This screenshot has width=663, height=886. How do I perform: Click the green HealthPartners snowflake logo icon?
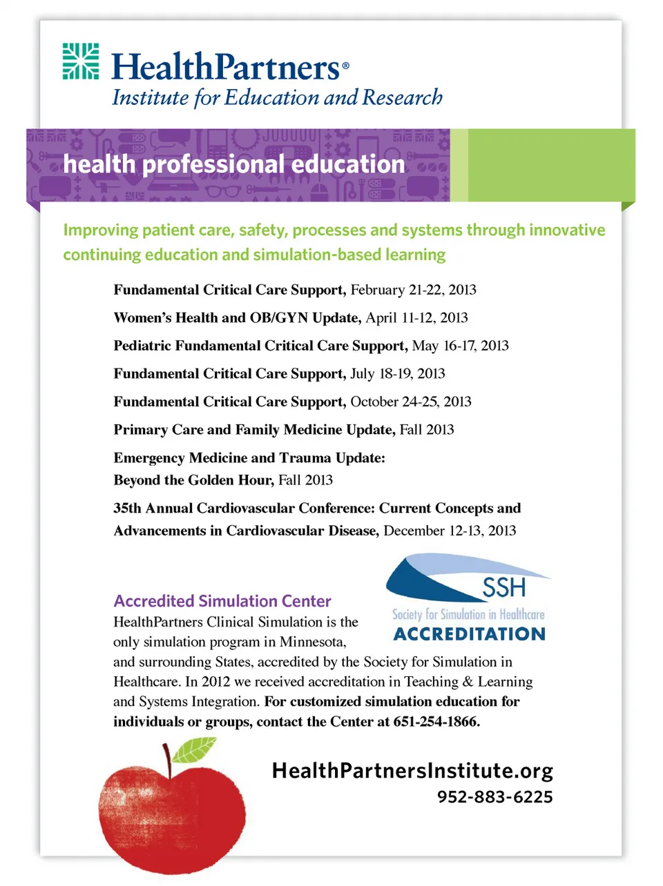click(81, 61)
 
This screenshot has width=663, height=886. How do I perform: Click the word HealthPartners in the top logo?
click(226, 68)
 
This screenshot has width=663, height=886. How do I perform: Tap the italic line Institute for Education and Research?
click(277, 98)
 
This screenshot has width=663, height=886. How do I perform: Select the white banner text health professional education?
click(233, 164)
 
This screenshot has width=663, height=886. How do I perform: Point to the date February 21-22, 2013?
click(413, 290)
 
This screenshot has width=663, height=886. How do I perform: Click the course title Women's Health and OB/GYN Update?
click(237, 318)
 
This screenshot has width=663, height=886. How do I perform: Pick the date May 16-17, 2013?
click(460, 346)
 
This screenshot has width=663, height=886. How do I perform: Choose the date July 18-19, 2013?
click(397, 374)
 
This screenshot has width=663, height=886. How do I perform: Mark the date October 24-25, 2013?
click(410, 402)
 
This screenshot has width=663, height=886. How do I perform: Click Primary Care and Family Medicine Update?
click(254, 430)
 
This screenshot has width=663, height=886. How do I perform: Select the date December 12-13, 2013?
click(450, 531)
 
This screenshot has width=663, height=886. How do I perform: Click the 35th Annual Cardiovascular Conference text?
click(244, 509)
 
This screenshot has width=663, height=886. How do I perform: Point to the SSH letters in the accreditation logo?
click(503, 588)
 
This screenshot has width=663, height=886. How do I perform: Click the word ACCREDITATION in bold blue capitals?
click(469, 633)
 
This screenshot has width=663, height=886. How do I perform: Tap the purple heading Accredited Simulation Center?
click(222, 601)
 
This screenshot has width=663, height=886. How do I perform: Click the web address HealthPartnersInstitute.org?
click(412, 771)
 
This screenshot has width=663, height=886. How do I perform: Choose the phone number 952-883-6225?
click(494, 797)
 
